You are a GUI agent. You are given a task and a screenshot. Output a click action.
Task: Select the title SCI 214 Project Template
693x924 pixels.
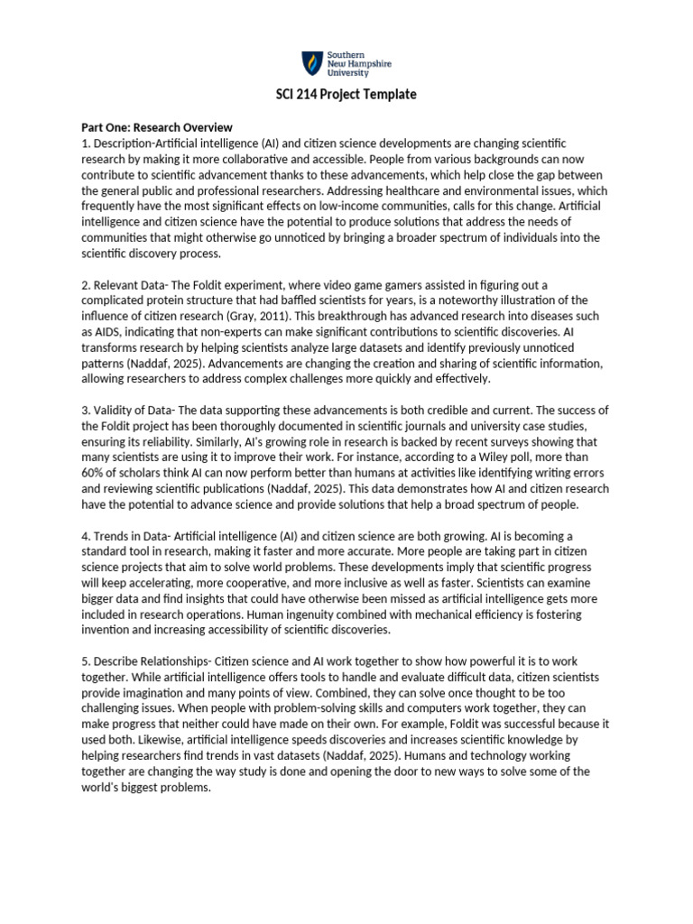(346, 95)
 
